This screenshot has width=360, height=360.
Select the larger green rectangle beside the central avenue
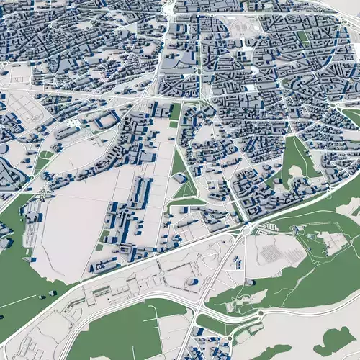[x=176, y=112]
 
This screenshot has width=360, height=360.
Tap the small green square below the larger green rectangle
[x=174, y=125]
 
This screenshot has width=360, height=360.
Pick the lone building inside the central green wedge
[x=180, y=178]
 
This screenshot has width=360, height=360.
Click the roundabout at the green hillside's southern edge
[x=259, y=314]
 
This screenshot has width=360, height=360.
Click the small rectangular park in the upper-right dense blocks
[x=303, y=36]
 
